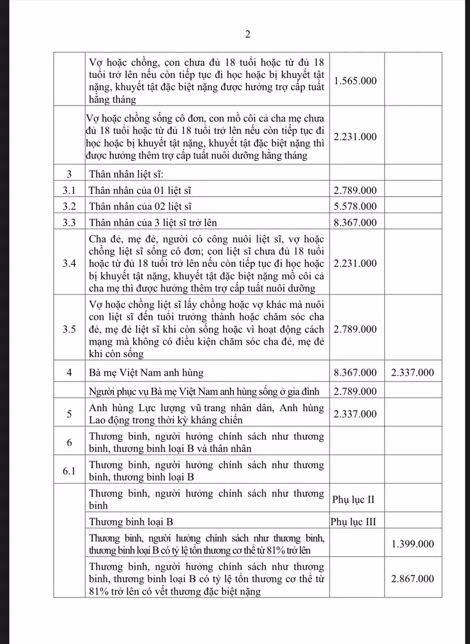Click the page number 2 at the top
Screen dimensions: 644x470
(x=247, y=35)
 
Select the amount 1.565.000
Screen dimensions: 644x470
(x=356, y=80)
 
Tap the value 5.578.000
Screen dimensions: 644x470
(x=356, y=206)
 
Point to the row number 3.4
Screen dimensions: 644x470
(x=69, y=263)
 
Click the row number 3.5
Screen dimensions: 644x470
(x=69, y=329)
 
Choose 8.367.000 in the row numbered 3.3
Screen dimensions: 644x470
(x=356, y=222)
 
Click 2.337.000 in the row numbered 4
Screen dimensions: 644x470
(x=413, y=372)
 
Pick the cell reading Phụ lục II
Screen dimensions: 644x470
(x=353, y=500)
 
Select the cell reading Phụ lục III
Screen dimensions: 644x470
(x=354, y=521)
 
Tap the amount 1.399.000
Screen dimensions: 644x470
(x=413, y=544)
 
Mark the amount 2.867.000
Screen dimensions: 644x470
(x=413, y=578)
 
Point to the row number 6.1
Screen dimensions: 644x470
(x=69, y=471)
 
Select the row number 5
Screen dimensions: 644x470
(x=69, y=414)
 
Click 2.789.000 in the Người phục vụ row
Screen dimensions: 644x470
(x=356, y=391)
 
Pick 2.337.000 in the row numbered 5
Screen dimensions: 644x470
(x=356, y=414)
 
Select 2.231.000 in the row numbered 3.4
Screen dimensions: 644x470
(x=356, y=263)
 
